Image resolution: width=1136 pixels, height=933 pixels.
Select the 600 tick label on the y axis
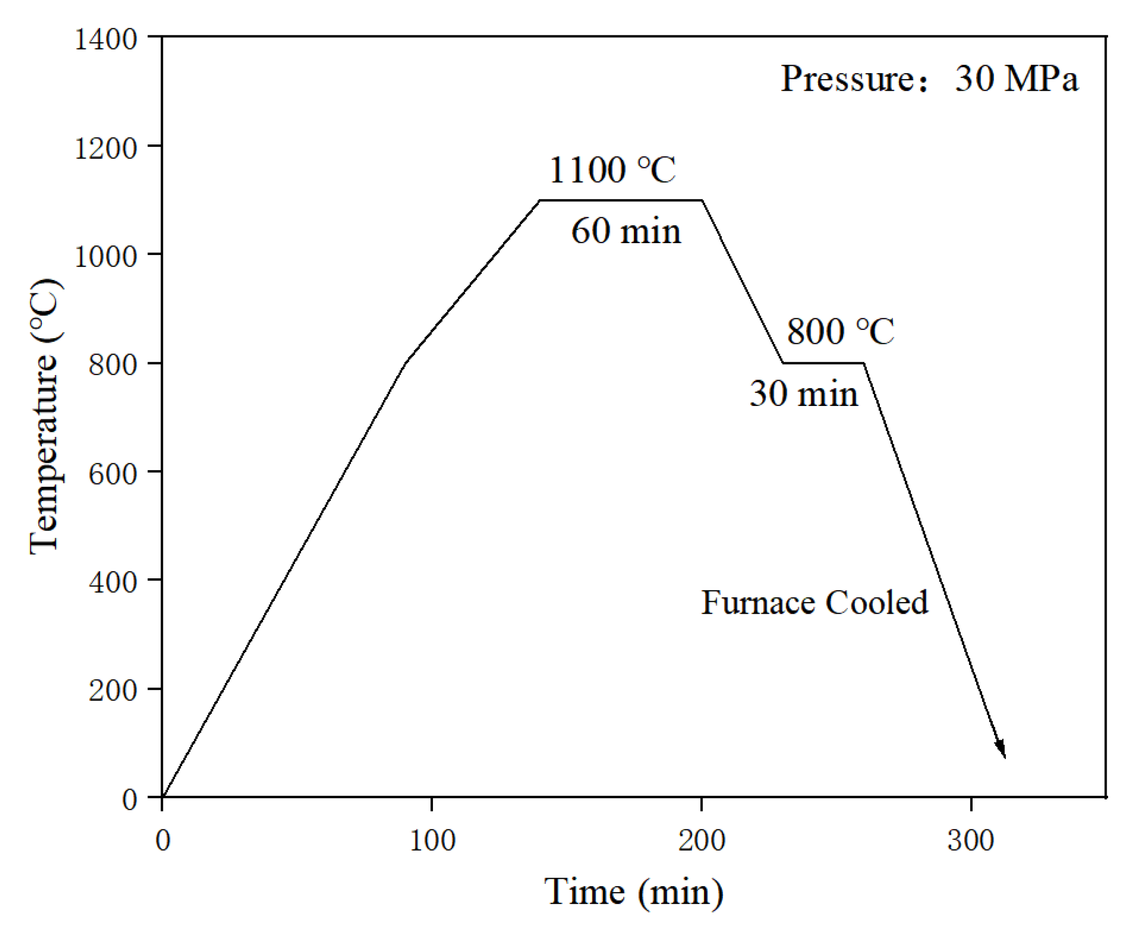[x=113, y=474]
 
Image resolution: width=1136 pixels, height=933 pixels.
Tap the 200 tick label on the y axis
[x=113, y=690]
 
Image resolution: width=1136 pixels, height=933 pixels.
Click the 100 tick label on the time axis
[x=432, y=840]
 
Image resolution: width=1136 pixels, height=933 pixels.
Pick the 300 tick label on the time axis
[x=971, y=840]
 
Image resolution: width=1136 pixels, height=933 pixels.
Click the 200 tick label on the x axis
[x=701, y=840]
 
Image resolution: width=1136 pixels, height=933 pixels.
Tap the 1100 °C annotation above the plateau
[x=612, y=170]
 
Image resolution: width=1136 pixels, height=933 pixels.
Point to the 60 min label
[x=625, y=231]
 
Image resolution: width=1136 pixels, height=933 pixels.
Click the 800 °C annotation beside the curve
[x=841, y=331]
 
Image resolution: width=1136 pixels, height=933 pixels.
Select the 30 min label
[x=804, y=394]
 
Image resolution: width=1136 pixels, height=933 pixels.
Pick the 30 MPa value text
[x=1016, y=79]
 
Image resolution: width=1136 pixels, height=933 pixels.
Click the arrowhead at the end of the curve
[x=1001, y=750]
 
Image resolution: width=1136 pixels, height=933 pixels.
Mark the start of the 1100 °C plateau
[x=540, y=200]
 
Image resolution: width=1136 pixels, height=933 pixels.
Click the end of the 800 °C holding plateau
[x=864, y=363]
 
